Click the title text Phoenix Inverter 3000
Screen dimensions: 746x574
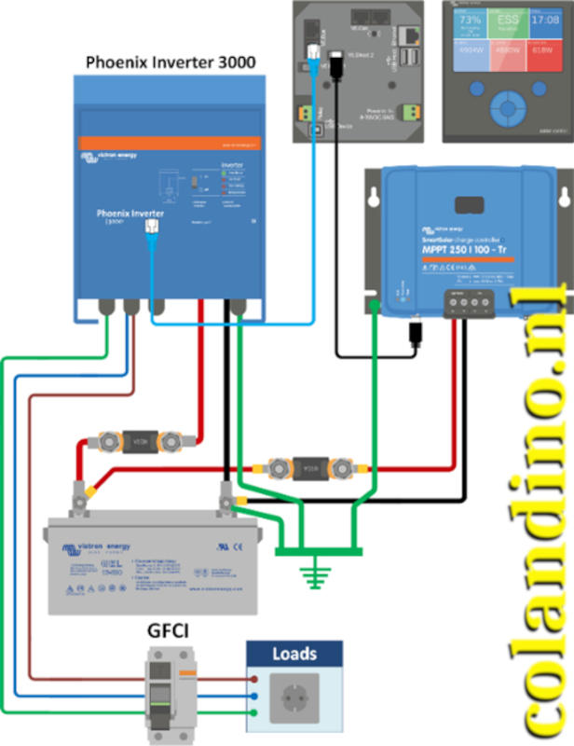(x=171, y=62)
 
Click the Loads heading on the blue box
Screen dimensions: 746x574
(x=294, y=654)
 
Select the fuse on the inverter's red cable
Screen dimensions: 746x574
(x=139, y=437)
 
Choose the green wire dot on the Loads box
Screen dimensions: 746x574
(x=254, y=713)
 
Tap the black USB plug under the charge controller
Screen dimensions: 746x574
(x=413, y=334)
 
